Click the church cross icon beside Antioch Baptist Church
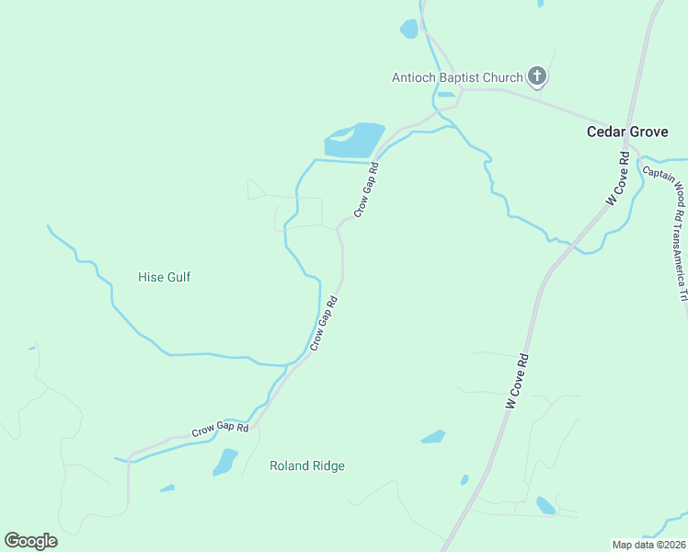click(537, 77)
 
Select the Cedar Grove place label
click(627, 132)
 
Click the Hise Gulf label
click(164, 277)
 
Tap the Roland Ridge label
click(307, 466)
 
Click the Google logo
click(30, 541)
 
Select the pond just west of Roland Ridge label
click(225, 461)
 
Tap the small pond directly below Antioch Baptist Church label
click(445, 94)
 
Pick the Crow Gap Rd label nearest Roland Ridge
click(221, 429)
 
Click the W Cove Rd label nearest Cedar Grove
click(615, 178)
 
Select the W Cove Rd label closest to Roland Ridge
click(518, 381)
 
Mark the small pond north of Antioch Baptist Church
click(409, 29)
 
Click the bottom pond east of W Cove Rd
click(546, 505)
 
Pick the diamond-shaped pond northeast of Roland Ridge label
click(433, 436)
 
